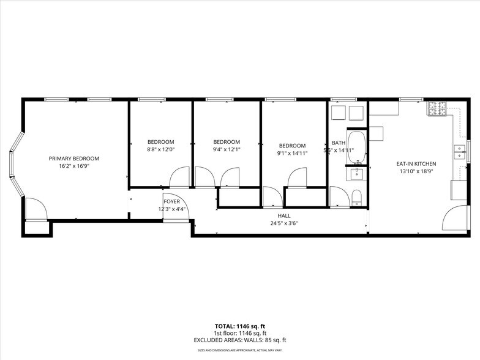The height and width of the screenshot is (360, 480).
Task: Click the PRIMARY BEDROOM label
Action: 73,158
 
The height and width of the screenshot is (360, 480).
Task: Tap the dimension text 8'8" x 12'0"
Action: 160,149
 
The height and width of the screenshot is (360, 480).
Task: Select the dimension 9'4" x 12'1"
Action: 227,149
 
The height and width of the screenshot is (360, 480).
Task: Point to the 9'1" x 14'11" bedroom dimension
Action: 292,153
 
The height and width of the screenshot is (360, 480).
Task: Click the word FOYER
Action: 171,201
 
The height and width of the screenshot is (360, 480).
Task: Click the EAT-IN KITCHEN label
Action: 416,163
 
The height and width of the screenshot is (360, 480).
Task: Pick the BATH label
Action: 338,143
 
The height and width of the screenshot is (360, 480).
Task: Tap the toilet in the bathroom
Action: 357,197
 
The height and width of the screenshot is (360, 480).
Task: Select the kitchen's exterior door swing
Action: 456,219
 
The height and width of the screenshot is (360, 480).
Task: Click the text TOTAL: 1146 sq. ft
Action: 240,326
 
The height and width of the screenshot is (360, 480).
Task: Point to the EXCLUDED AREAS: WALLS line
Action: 240,340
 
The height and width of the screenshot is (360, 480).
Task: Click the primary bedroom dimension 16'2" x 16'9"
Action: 73,165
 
